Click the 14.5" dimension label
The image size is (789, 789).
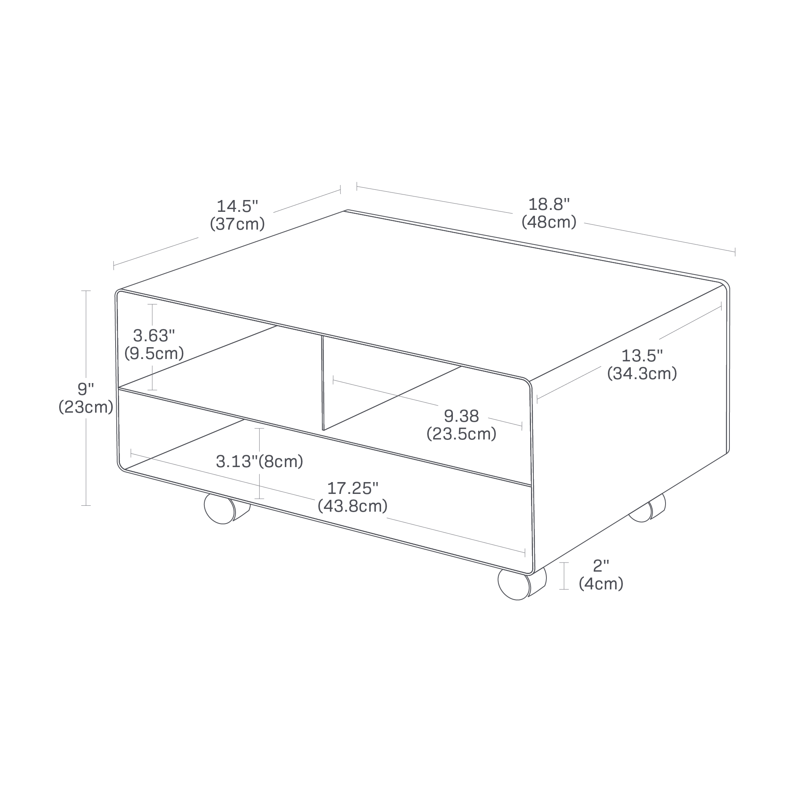(x=237, y=206)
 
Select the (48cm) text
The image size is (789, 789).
(x=549, y=222)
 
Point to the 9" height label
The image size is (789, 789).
(x=86, y=389)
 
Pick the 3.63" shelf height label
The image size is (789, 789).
(x=154, y=336)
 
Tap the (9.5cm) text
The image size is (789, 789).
(x=154, y=353)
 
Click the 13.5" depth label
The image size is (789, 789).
(x=642, y=356)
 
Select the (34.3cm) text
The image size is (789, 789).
(x=642, y=373)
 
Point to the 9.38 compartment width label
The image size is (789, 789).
(x=462, y=416)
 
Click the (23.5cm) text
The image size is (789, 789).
(x=462, y=434)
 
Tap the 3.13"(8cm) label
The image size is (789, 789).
(x=260, y=462)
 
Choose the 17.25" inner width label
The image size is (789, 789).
(x=353, y=488)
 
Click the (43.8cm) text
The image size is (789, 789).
(x=353, y=506)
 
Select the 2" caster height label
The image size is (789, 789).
(x=601, y=566)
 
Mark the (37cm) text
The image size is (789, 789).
(x=237, y=224)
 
